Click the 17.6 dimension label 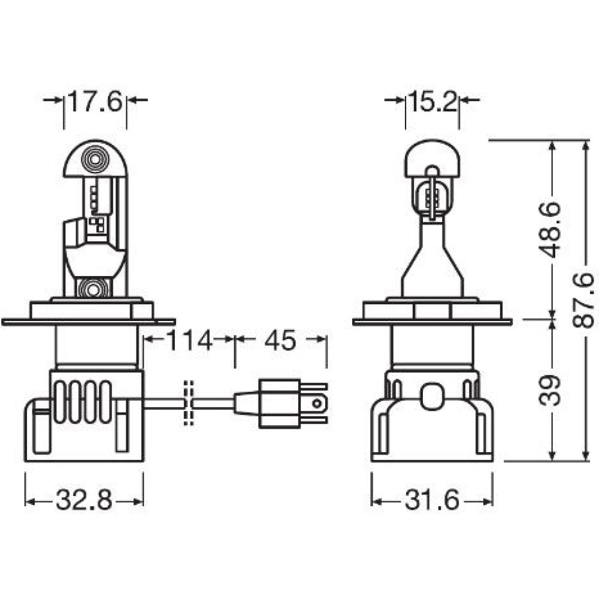[x=95, y=101]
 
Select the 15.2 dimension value [x=432, y=101]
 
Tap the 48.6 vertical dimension [x=549, y=230]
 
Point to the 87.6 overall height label [x=583, y=300]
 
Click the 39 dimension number [x=549, y=391]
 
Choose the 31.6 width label [x=432, y=500]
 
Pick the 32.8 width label [x=84, y=500]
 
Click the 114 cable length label [x=189, y=340]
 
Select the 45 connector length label [x=280, y=340]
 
